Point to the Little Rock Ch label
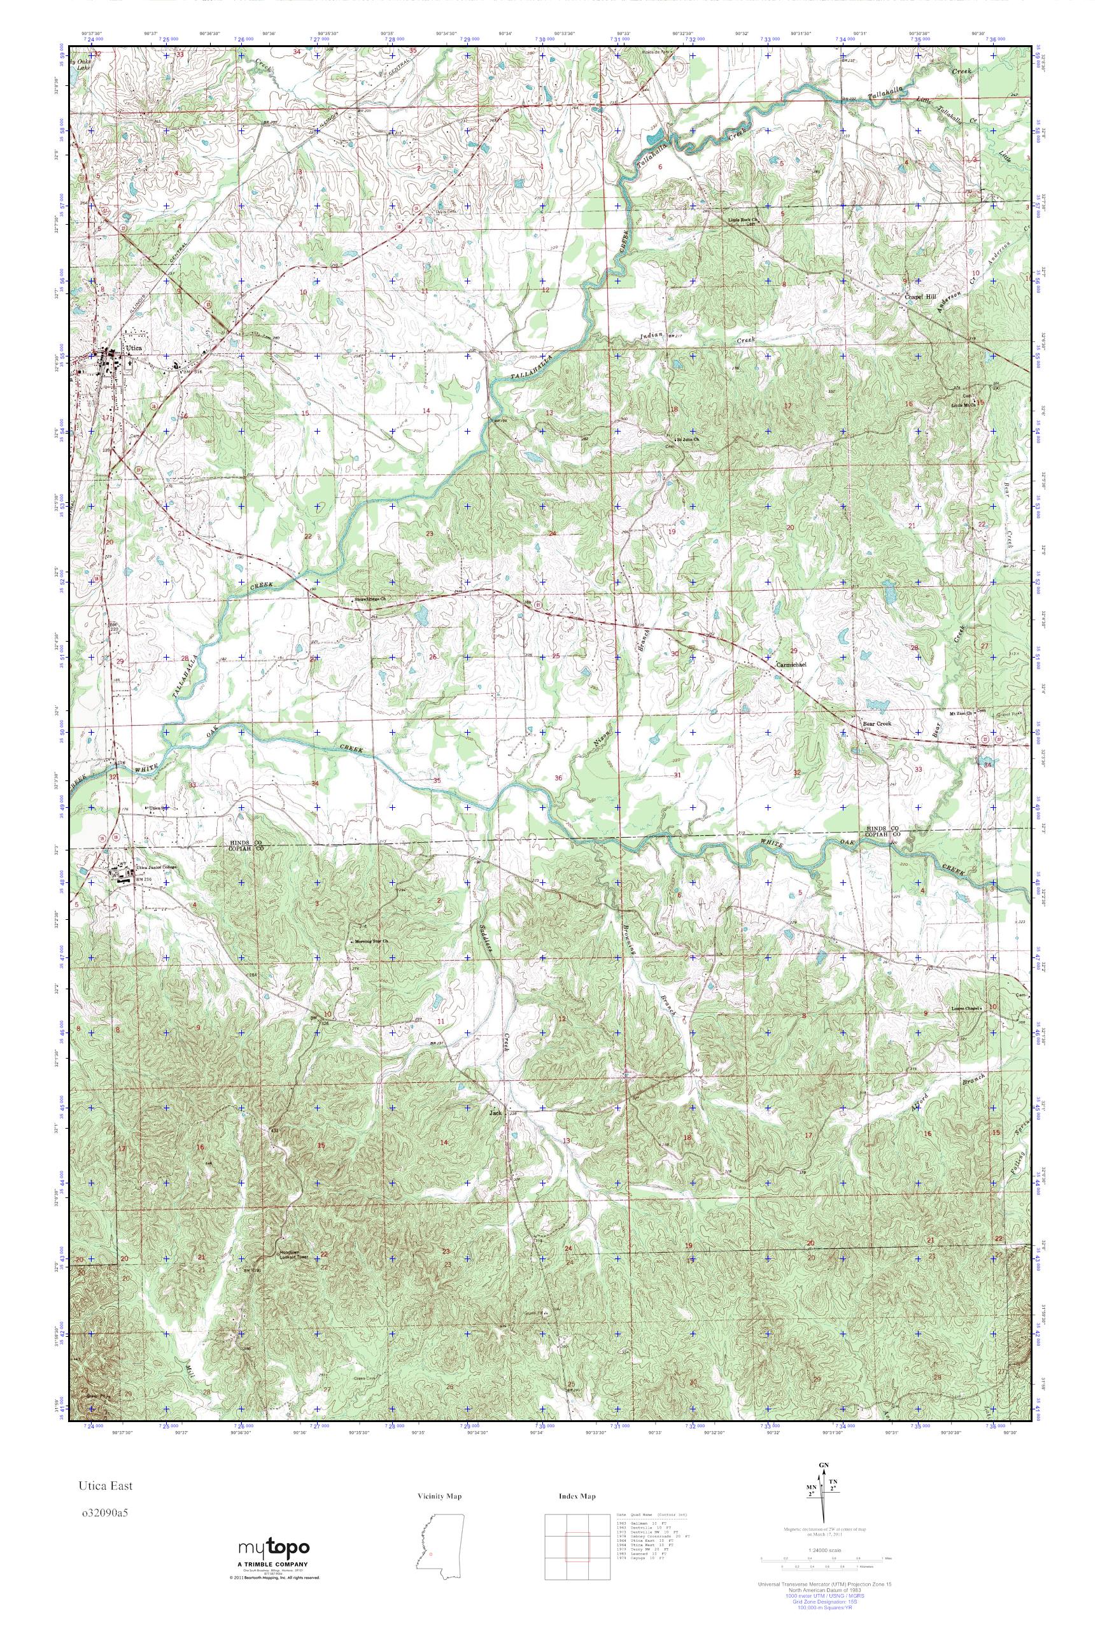[x=744, y=220]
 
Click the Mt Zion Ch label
[x=960, y=714]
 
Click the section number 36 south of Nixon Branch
[x=558, y=777]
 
